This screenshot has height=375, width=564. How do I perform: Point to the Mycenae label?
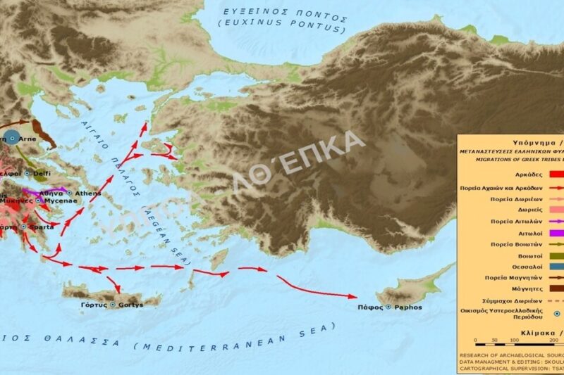click(60, 201)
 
